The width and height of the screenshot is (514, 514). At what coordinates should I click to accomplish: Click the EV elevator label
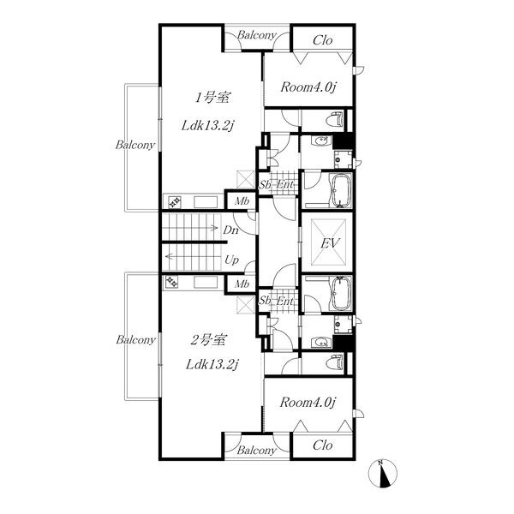330,243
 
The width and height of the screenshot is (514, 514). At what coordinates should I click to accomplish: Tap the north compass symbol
383,473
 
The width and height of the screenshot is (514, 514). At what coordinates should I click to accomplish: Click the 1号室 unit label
212,98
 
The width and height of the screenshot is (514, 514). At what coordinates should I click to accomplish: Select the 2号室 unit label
207,340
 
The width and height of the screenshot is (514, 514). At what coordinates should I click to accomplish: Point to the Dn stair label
230,230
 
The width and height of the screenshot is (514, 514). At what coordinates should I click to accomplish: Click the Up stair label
231,260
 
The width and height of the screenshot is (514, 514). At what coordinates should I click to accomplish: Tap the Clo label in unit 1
323,40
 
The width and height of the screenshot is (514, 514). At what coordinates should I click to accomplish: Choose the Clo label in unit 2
323,445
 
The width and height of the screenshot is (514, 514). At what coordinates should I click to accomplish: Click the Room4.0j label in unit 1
308,87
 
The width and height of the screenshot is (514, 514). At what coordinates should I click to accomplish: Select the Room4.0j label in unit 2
308,403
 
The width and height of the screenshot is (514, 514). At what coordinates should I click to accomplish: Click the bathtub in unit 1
342,190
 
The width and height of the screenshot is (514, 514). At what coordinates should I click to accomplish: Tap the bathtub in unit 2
342,294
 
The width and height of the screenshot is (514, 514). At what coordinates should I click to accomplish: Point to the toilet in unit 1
335,119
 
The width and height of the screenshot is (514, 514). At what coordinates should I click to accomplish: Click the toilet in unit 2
335,363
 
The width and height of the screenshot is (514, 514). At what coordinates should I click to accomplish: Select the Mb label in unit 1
242,201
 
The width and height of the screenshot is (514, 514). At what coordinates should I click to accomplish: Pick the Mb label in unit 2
242,284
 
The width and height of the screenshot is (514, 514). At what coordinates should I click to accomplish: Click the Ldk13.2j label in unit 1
208,126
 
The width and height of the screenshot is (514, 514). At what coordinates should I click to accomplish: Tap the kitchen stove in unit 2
172,282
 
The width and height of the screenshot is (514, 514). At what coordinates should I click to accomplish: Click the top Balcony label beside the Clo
257,35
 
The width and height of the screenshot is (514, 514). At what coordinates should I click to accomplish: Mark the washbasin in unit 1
321,141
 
